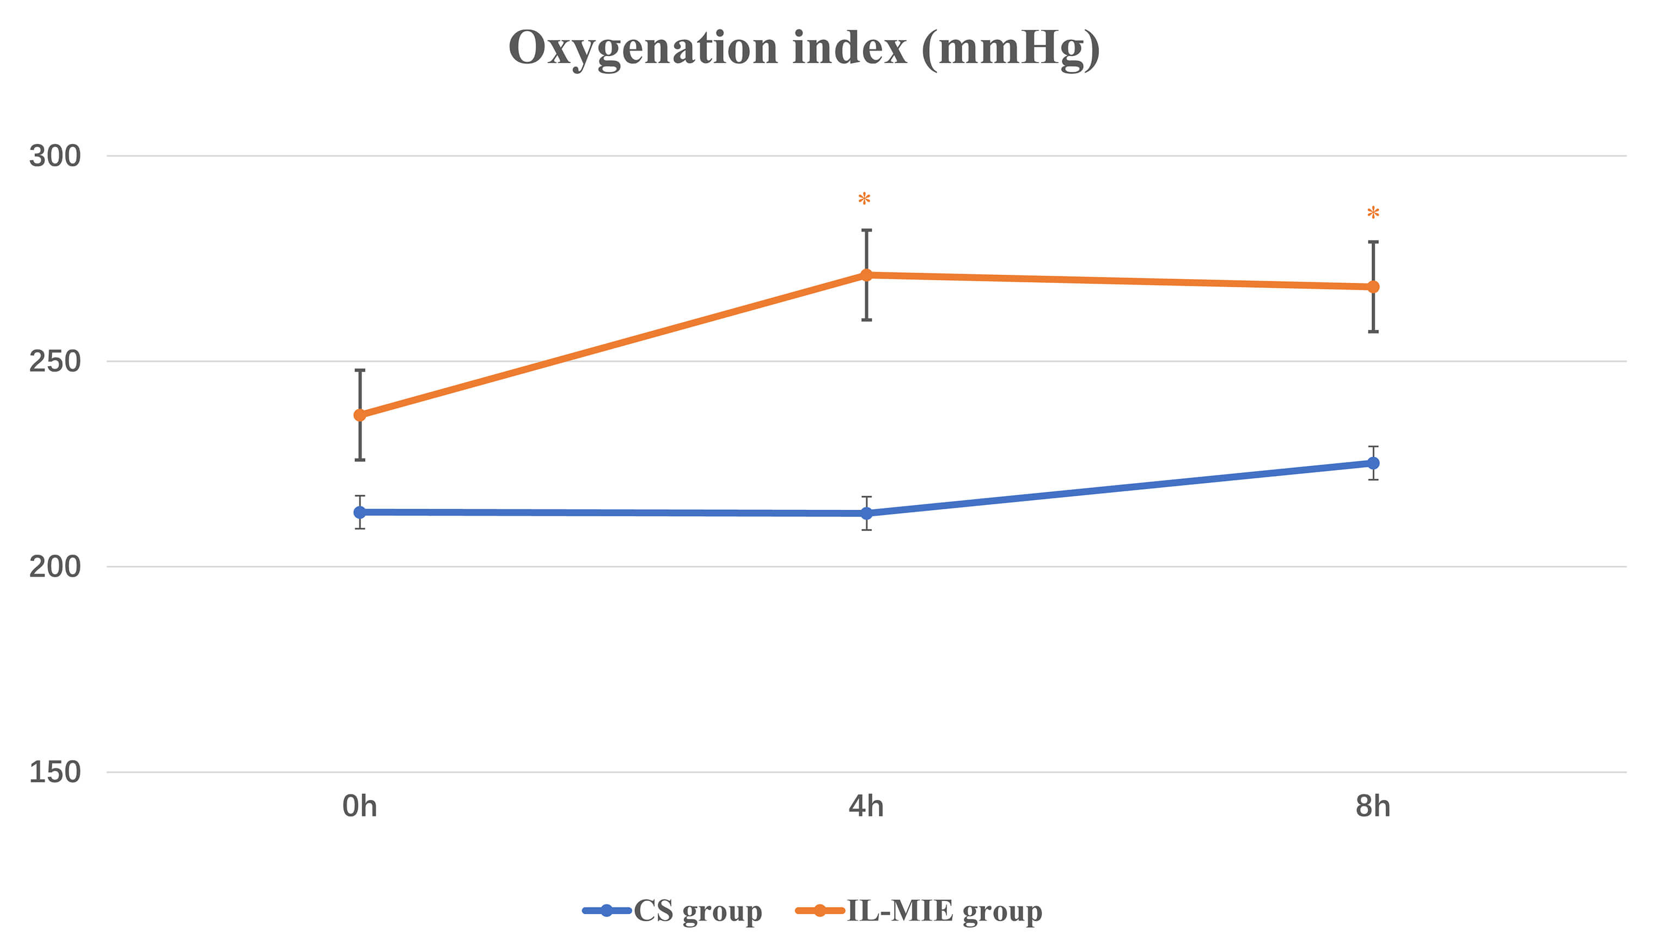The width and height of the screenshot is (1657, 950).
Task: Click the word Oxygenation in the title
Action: [x=643, y=49]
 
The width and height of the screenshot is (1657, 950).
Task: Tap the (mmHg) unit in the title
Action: [x=1011, y=49]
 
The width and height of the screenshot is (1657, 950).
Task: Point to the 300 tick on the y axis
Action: [x=55, y=156]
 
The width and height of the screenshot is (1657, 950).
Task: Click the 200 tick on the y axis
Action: [x=55, y=567]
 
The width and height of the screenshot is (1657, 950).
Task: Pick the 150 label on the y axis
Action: [x=55, y=772]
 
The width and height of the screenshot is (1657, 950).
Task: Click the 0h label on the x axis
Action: [x=360, y=807]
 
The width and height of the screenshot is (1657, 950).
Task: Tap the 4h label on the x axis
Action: [x=866, y=807]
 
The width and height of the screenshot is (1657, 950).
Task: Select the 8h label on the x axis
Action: [x=1373, y=807]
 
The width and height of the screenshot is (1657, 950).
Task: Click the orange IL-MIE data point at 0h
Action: [x=360, y=415]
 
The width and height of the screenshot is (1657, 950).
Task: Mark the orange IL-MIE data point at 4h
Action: [x=866, y=275]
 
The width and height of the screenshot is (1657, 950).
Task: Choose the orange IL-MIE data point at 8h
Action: [x=1373, y=287]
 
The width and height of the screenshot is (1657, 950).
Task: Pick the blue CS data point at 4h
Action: [x=866, y=514]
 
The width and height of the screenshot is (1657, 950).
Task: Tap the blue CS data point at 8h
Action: [x=1373, y=463]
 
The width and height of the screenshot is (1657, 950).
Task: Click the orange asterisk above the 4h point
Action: [x=864, y=199]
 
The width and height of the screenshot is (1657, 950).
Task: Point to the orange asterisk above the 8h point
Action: [x=1373, y=213]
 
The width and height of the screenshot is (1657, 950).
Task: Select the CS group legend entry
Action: [x=672, y=911]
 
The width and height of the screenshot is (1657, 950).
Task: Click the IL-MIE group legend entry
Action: [x=919, y=911]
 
